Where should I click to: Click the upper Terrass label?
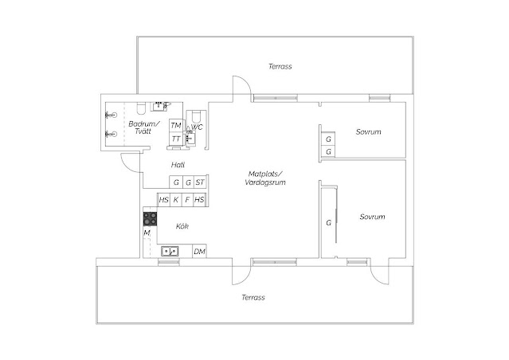280,67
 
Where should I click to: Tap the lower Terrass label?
253,297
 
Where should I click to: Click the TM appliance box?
175,126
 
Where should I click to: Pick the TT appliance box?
175,139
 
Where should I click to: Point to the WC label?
198,127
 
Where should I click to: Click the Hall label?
178,165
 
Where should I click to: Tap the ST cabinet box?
200,183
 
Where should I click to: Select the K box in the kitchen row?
176,199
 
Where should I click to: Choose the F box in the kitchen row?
188,199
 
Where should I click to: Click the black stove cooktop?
149,217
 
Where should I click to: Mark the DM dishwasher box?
199,252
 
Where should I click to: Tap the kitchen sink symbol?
169,252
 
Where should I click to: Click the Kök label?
182,227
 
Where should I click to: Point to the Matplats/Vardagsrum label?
265,178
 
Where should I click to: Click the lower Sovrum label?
372,217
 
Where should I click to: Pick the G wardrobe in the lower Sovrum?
328,223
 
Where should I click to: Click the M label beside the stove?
147,233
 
